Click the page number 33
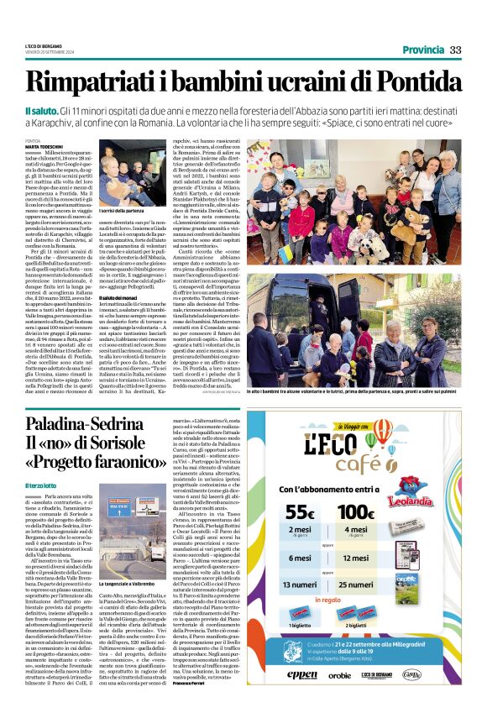455,50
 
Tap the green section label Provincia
422,50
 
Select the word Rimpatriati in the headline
99,81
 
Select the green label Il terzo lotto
41,486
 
